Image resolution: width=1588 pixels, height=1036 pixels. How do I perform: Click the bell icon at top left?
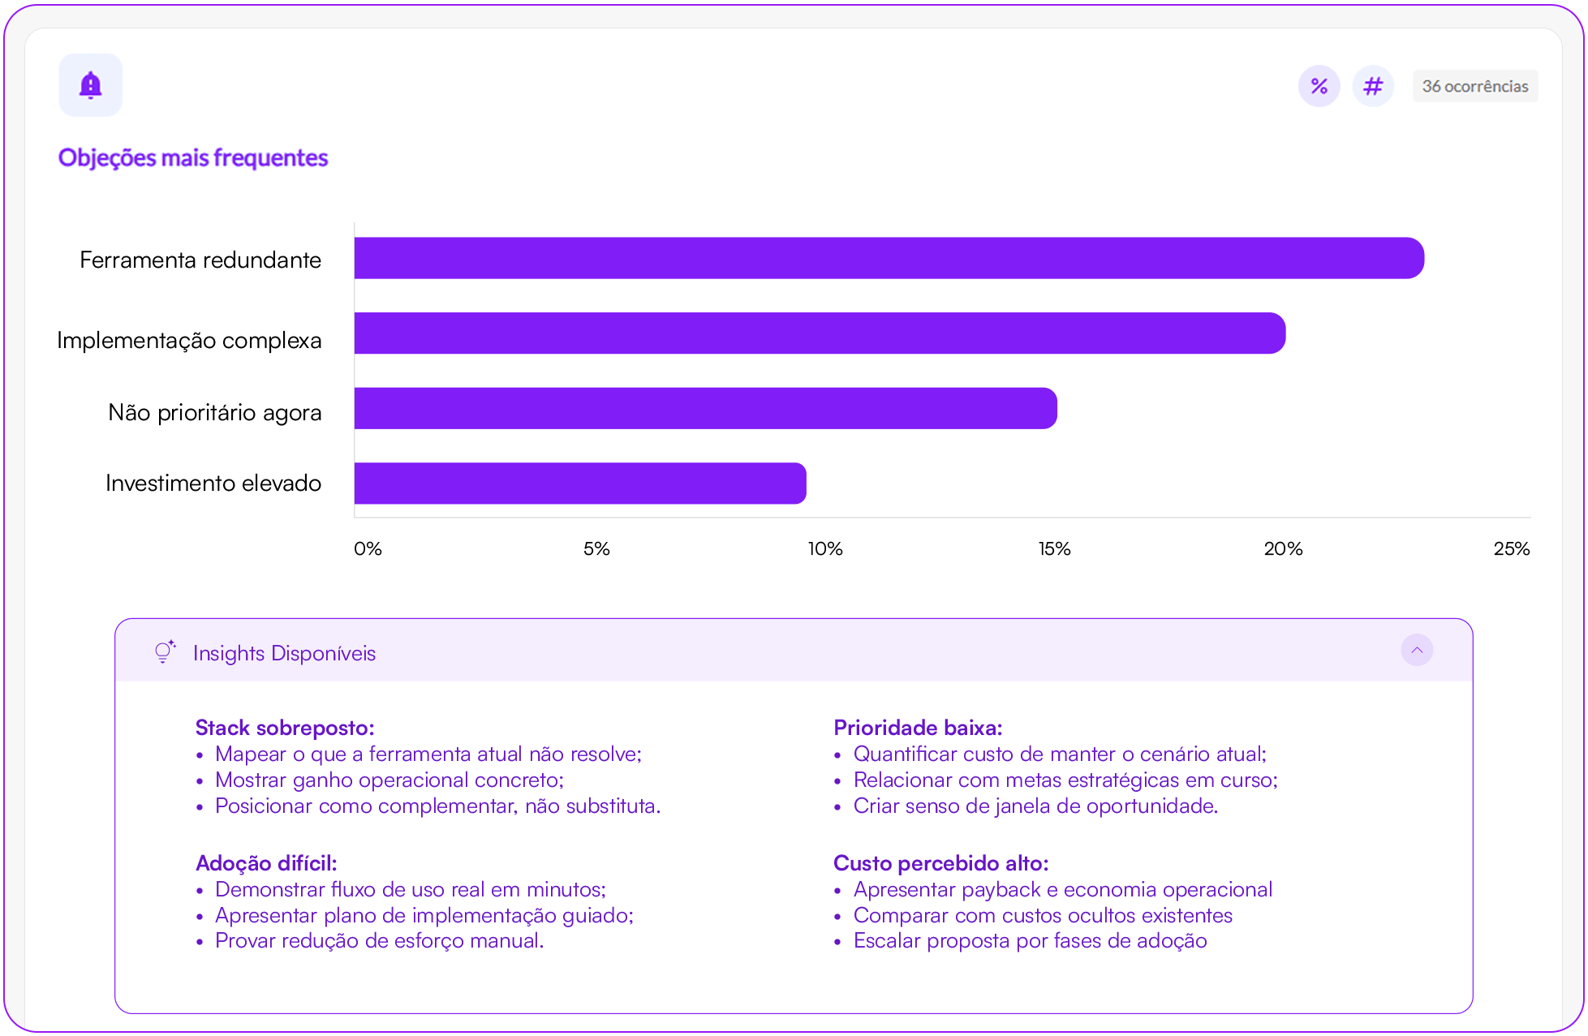[x=90, y=85]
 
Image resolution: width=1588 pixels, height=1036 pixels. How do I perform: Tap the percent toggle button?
[x=1319, y=86]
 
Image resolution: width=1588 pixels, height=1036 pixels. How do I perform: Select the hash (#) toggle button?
[x=1372, y=86]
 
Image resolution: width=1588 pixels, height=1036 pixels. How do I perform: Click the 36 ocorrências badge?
[x=1474, y=86]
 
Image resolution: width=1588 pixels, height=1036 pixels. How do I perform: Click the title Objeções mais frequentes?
[x=193, y=157]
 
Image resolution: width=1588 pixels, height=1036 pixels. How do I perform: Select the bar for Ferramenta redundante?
[x=889, y=258]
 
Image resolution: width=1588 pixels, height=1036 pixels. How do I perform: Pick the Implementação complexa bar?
[x=820, y=333]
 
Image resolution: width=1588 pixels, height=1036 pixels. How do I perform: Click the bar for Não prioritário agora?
[x=705, y=408]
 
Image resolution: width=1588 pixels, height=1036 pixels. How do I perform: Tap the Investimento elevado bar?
[x=580, y=484]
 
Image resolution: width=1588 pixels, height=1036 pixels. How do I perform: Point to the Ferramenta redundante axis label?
[x=200, y=260]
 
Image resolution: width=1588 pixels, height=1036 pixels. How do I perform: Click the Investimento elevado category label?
[x=213, y=484]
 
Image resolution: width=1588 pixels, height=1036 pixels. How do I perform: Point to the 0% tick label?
[x=368, y=549]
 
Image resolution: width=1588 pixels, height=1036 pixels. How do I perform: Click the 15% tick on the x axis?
[x=1054, y=549]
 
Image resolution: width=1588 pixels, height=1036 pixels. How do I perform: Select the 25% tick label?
[x=1511, y=549]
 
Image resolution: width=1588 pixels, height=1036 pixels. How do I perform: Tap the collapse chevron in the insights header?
[x=1416, y=650]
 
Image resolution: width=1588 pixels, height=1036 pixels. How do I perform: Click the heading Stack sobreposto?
[x=285, y=728]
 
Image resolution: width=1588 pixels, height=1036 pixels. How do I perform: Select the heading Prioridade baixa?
[x=918, y=728]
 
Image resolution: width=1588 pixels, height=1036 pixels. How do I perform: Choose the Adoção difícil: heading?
[x=266, y=863]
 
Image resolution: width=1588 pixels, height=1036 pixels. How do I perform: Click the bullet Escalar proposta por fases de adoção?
[x=1030, y=941]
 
